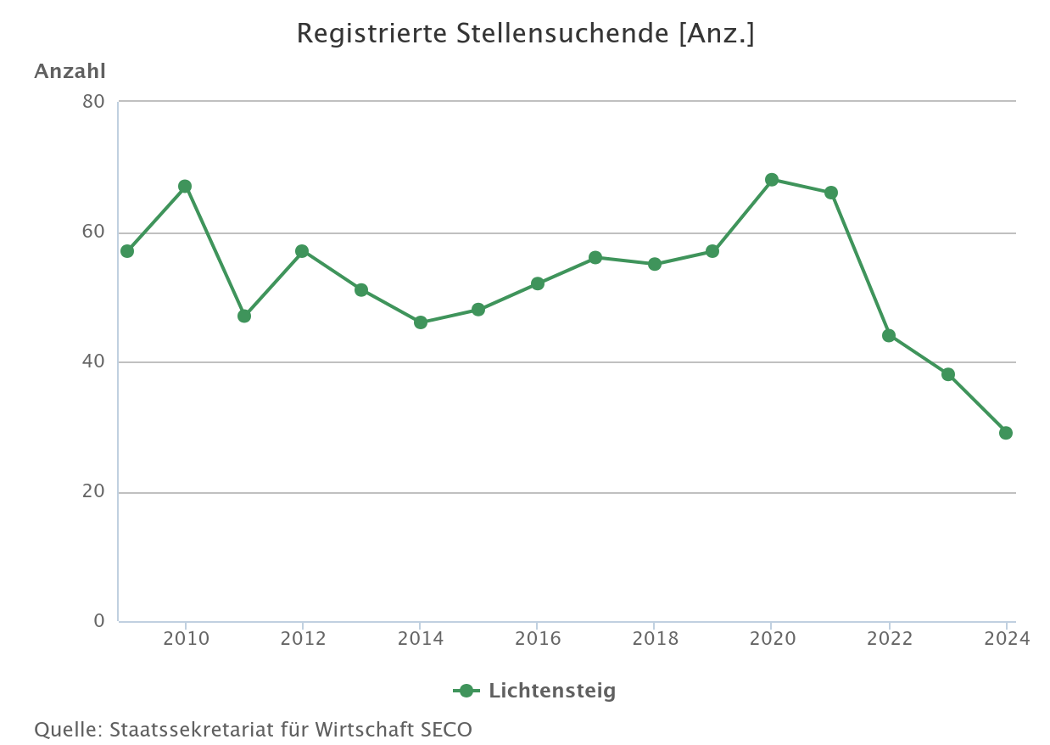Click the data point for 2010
pos(185,187)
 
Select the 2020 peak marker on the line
pos(772,180)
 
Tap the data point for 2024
pos(1006,433)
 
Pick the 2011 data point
pos(244,316)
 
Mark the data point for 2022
pos(889,335)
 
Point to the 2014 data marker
pos(421,322)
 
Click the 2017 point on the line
pos(595,257)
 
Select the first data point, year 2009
pos(127,251)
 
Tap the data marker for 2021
pos(831,193)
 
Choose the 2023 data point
pos(948,374)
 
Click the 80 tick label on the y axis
pos(93,102)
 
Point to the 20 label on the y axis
pos(93,492)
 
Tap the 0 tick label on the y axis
pos(99,621)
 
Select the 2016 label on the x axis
pos(538,639)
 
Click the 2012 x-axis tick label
pos(303,639)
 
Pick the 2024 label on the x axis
pos(1006,639)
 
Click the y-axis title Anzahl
pos(70,72)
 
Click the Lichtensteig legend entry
pos(551,691)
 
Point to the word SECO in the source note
pos(445,730)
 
